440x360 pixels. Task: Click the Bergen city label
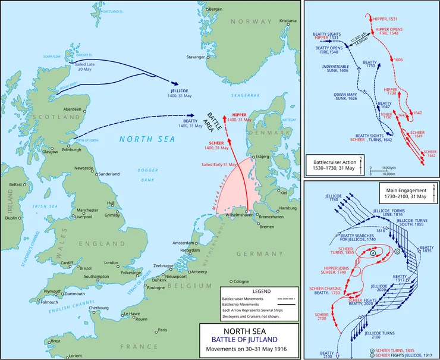[216, 9]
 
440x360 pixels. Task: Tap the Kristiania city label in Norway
[288, 20]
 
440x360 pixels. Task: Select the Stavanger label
[196, 57]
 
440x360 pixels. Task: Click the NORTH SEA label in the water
[139, 139]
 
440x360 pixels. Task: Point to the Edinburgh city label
[67, 149]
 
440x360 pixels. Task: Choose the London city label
[112, 262]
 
